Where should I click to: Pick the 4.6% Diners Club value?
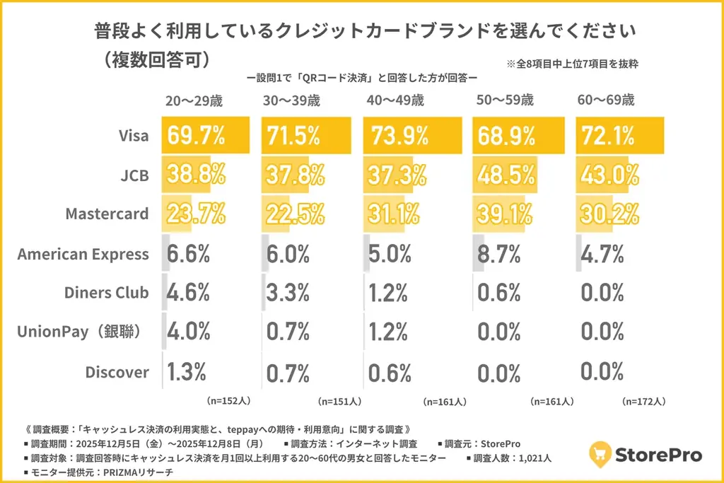coord(188,292)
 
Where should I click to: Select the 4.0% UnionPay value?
coord(188,332)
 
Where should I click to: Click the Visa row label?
coord(133,136)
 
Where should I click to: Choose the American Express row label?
coord(83,254)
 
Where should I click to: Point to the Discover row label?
coord(117,371)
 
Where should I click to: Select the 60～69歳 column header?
coord(606,100)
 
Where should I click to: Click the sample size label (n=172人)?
coord(643,401)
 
